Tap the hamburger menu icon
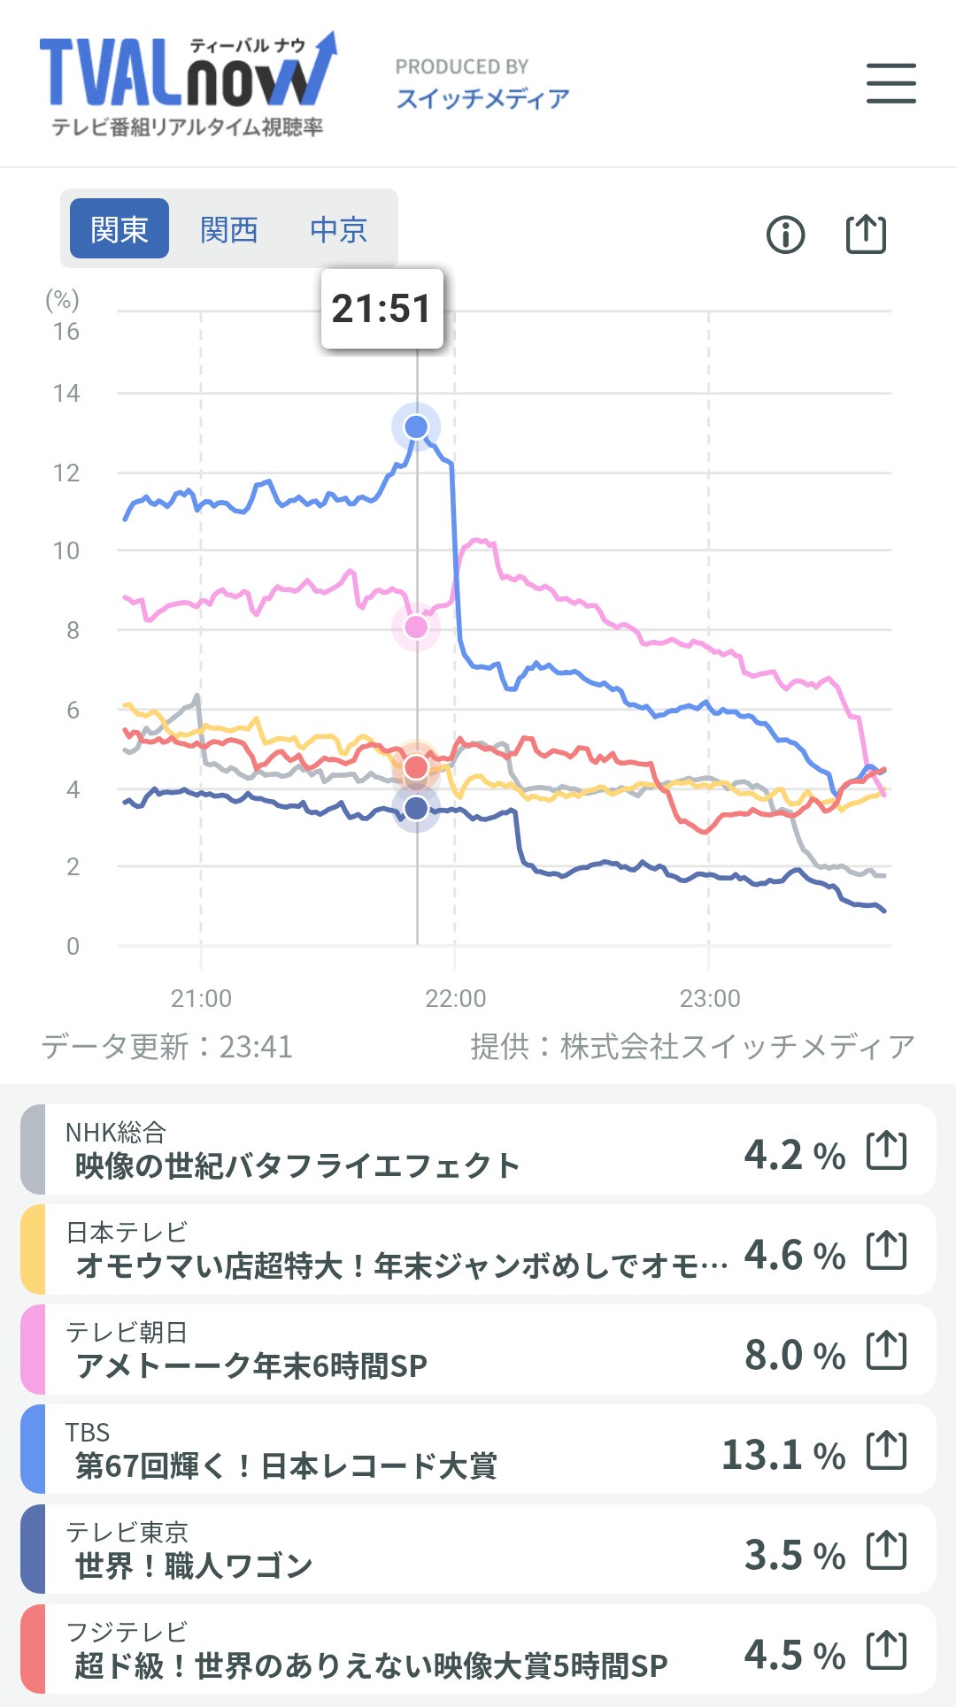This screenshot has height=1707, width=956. click(890, 83)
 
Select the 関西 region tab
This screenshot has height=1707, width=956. click(228, 229)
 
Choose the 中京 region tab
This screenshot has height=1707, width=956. click(338, 229)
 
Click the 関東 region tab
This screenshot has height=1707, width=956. click(119, 229)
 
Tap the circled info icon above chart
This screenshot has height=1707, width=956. click(785, 235)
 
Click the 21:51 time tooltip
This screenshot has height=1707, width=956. click(382, 309)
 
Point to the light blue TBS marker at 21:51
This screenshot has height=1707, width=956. click(416, 427)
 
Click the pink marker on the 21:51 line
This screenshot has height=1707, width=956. click(416, 627)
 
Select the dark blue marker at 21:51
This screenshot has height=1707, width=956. click(416, 808)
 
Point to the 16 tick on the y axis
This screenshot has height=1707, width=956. click(66, 332)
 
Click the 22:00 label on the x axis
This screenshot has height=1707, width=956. click(455, 998)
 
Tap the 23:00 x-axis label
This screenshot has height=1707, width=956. click(709, 998)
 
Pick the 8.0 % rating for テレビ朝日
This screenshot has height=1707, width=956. click(795, 1355)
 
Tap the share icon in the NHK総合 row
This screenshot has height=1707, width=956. click(886, 1150)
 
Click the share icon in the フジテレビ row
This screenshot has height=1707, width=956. click(886, 1650)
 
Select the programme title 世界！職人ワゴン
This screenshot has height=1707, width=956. click(194, 1566)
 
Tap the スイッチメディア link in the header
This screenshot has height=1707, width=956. click(482, 98)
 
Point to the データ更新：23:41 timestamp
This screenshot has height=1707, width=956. click(167, 1047)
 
